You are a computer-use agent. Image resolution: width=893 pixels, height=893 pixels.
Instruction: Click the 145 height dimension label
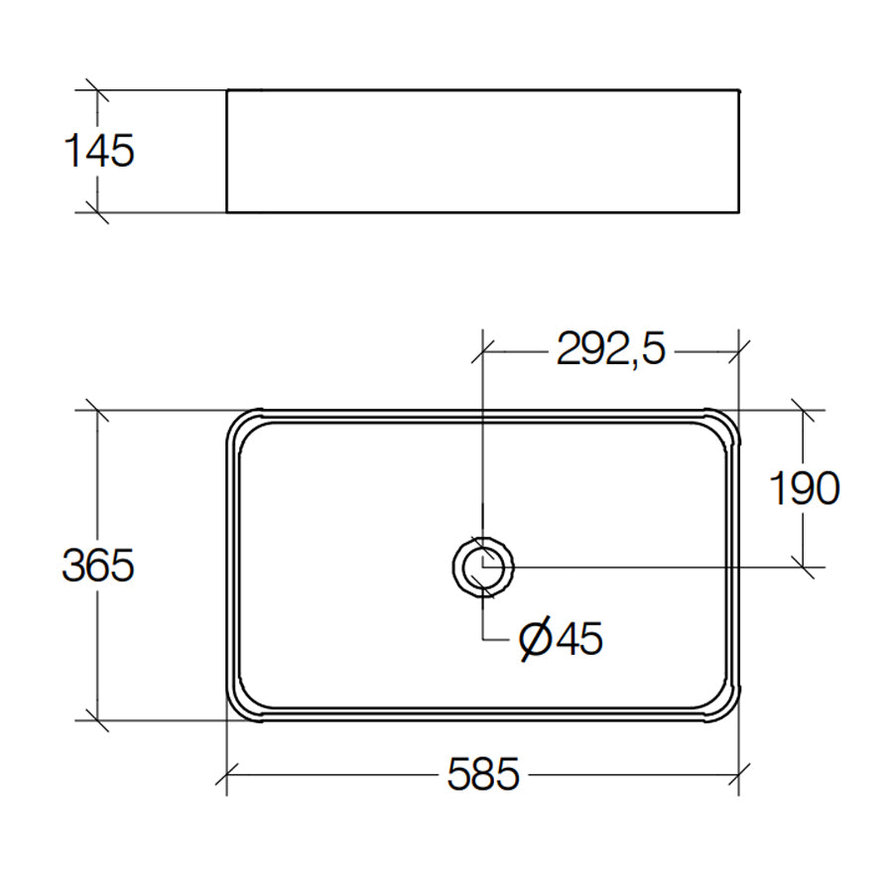(x=98, y=152)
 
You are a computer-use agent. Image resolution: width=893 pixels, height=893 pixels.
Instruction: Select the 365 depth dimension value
(x=98, y=566)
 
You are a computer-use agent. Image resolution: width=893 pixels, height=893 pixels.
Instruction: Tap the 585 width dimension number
(x=483, y=775)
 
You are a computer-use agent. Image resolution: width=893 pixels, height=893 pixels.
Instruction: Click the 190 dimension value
(x=805, y=487)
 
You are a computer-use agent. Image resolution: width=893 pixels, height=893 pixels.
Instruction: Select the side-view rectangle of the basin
(x=483, y=151)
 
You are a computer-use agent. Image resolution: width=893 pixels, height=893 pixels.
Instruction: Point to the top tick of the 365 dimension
(x=96, y=410)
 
